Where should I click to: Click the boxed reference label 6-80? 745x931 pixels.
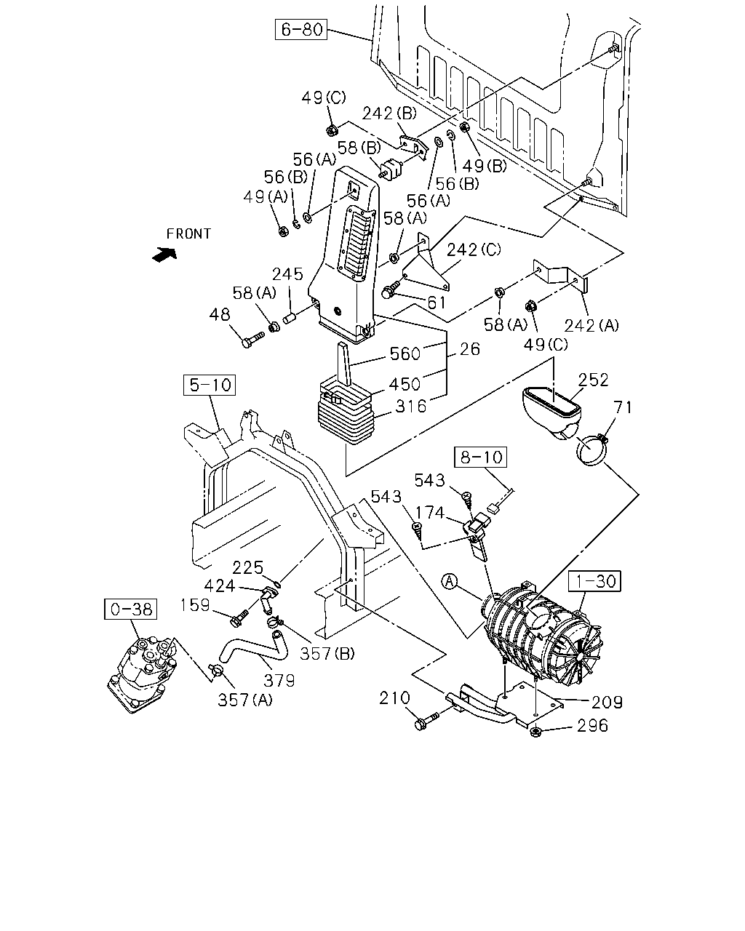(301, 29)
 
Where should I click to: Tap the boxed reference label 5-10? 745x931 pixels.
(210, 385)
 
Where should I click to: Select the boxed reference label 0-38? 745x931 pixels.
(130, 609)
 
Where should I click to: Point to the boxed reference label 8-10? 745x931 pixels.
(480, 457)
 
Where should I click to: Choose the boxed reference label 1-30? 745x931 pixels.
(595, 580)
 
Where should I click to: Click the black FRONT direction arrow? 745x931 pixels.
(164, 254)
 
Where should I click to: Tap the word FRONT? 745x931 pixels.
(188, 234)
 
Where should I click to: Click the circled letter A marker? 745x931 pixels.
(450, 581)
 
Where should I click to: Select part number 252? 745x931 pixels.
(593, 380)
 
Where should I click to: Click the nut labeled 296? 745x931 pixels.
(535, 732)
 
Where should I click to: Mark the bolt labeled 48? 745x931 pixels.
(252, 340)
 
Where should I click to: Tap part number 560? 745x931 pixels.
(405, 354)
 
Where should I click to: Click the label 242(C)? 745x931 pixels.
(474, 249)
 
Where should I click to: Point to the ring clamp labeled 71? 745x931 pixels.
(591, 450)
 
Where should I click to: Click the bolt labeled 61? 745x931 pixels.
(391, 289)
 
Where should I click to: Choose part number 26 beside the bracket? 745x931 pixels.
(470, 349)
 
